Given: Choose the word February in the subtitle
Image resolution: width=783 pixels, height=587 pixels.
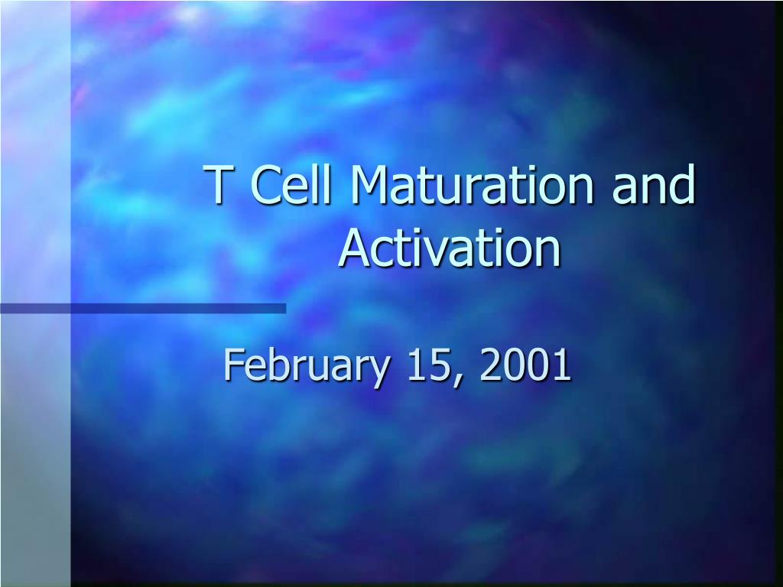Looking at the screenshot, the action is [x=306, y=366].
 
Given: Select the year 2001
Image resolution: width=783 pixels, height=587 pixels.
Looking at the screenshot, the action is [x=525, y=365].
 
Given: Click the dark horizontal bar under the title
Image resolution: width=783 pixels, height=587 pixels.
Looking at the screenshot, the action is [x=143, y=309].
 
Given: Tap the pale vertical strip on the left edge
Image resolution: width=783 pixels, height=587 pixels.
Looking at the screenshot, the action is [x=35, y=293].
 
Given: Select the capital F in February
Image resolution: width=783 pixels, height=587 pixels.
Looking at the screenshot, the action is [x=235, y=365].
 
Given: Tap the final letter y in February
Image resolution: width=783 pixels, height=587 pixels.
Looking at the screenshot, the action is [x=377, y=372].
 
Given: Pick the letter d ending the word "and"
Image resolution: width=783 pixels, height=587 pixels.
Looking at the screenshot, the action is [x=681, y=183].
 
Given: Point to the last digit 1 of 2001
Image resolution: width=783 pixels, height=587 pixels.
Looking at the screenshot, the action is [x=562, y=365].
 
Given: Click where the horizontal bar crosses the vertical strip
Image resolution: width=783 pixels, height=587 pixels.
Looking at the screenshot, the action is [x=35, y=309].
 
